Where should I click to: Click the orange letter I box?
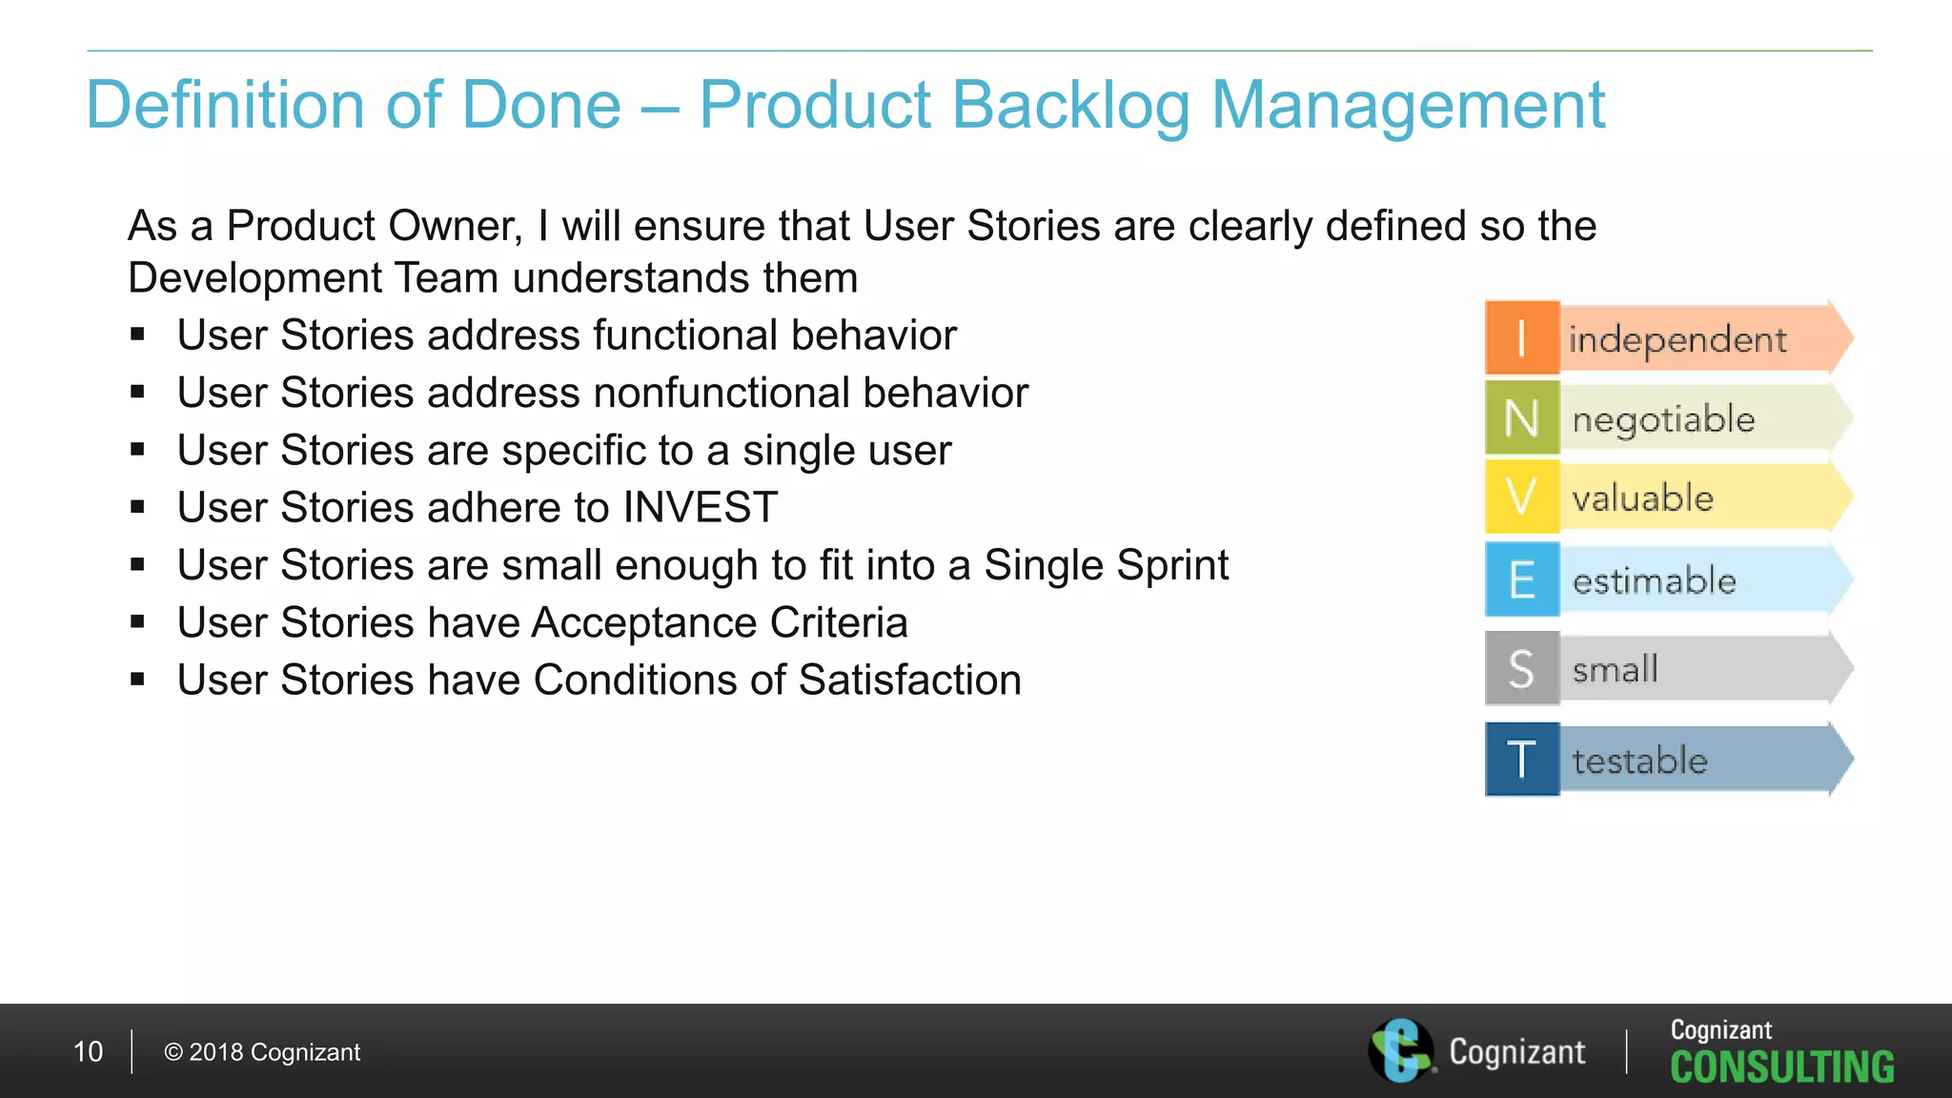coord(1521,337)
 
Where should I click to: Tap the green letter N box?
coord(1521,417)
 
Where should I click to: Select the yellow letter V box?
coord(1521,497)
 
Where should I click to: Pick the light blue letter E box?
coord(1521,579)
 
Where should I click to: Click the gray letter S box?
coord(1521,668)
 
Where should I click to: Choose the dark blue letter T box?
coord(1521,760)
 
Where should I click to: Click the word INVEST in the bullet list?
coord(700,507)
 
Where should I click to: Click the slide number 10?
coord(88,1051)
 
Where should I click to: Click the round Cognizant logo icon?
coord(1400,1050)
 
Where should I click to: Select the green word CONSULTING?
coord(1781,1067)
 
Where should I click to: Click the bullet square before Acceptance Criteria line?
coord(138,622)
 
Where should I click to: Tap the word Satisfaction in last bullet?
coord(909,681)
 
